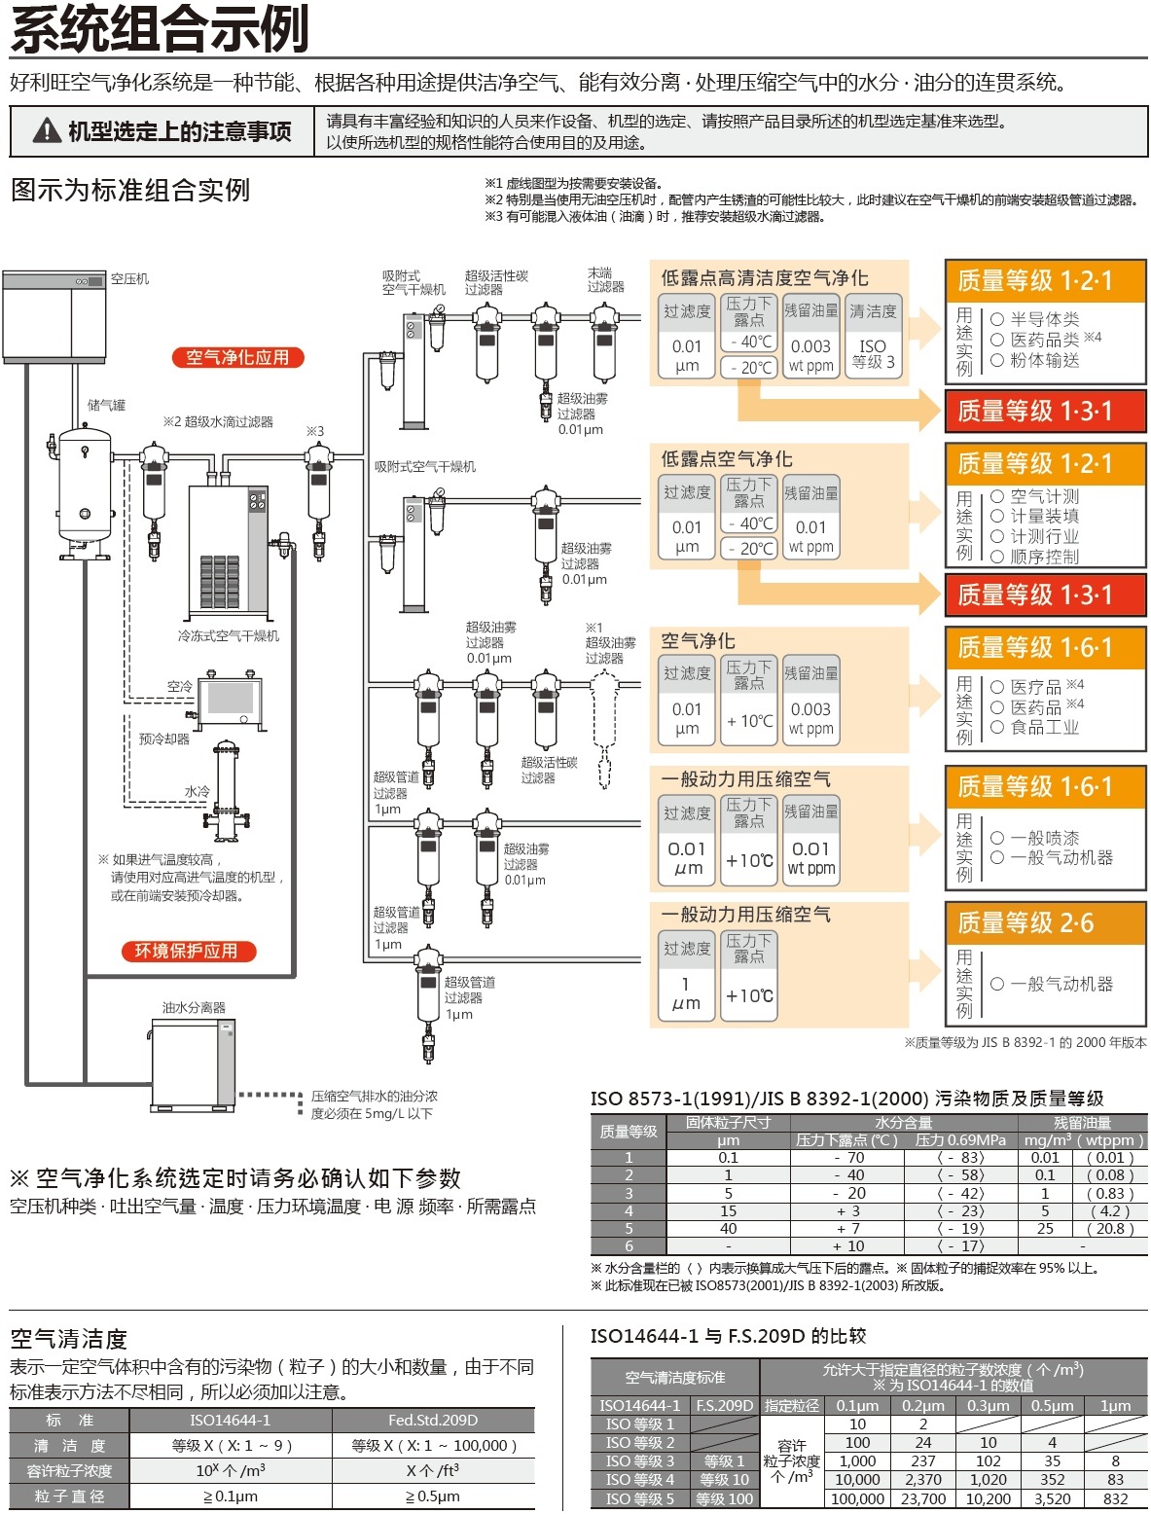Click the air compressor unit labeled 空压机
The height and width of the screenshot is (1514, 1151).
(54, 316)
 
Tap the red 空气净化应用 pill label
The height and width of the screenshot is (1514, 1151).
(238, 357)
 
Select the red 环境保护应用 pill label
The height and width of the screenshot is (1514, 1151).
(189, 951)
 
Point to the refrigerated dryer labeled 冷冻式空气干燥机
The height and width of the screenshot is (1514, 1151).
(229, 550)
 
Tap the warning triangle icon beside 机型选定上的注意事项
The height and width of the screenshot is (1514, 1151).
(48, 130)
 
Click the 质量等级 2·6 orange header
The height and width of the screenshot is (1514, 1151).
(1045, 923)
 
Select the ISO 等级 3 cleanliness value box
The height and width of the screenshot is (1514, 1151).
(873, 354)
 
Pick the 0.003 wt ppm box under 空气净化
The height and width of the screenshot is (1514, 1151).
(810, 718)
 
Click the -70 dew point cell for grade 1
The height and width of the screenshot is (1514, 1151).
(848, 1158)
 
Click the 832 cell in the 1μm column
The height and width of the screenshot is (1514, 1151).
(1115, 1499)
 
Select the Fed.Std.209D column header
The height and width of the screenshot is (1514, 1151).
(433, 1420)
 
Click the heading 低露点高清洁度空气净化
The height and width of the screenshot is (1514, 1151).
(765, 278)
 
